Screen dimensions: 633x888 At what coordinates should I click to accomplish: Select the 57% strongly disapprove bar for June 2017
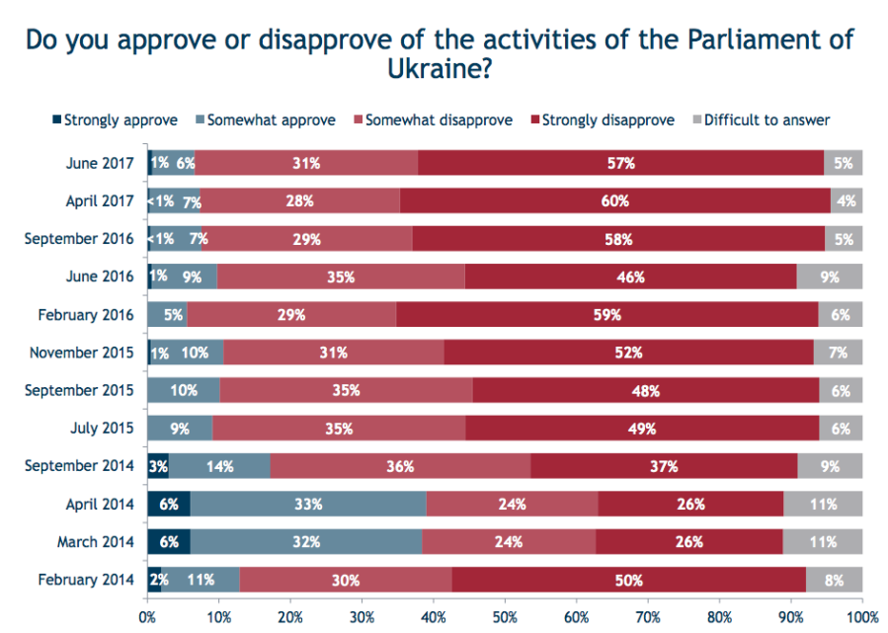click(x=620, y=163)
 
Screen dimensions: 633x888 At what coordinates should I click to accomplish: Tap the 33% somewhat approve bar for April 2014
click(x=308, y=504)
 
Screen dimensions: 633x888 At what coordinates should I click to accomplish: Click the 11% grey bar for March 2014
click(x=823, y=542)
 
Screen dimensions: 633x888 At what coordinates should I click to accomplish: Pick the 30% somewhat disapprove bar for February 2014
click(x=346, y=580)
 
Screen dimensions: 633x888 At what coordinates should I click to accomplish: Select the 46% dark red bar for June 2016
click(x=630, y=277)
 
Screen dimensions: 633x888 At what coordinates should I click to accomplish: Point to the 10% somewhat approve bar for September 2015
click(x=184, y=390)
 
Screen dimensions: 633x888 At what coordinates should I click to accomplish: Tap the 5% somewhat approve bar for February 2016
click(x=167, y=315)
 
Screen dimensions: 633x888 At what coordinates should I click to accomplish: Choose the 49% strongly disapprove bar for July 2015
click(x=642, y=428)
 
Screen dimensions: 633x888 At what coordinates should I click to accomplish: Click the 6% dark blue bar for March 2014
click(x=169, y=542)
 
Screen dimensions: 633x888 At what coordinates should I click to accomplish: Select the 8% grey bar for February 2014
click(x=834, y=580)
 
